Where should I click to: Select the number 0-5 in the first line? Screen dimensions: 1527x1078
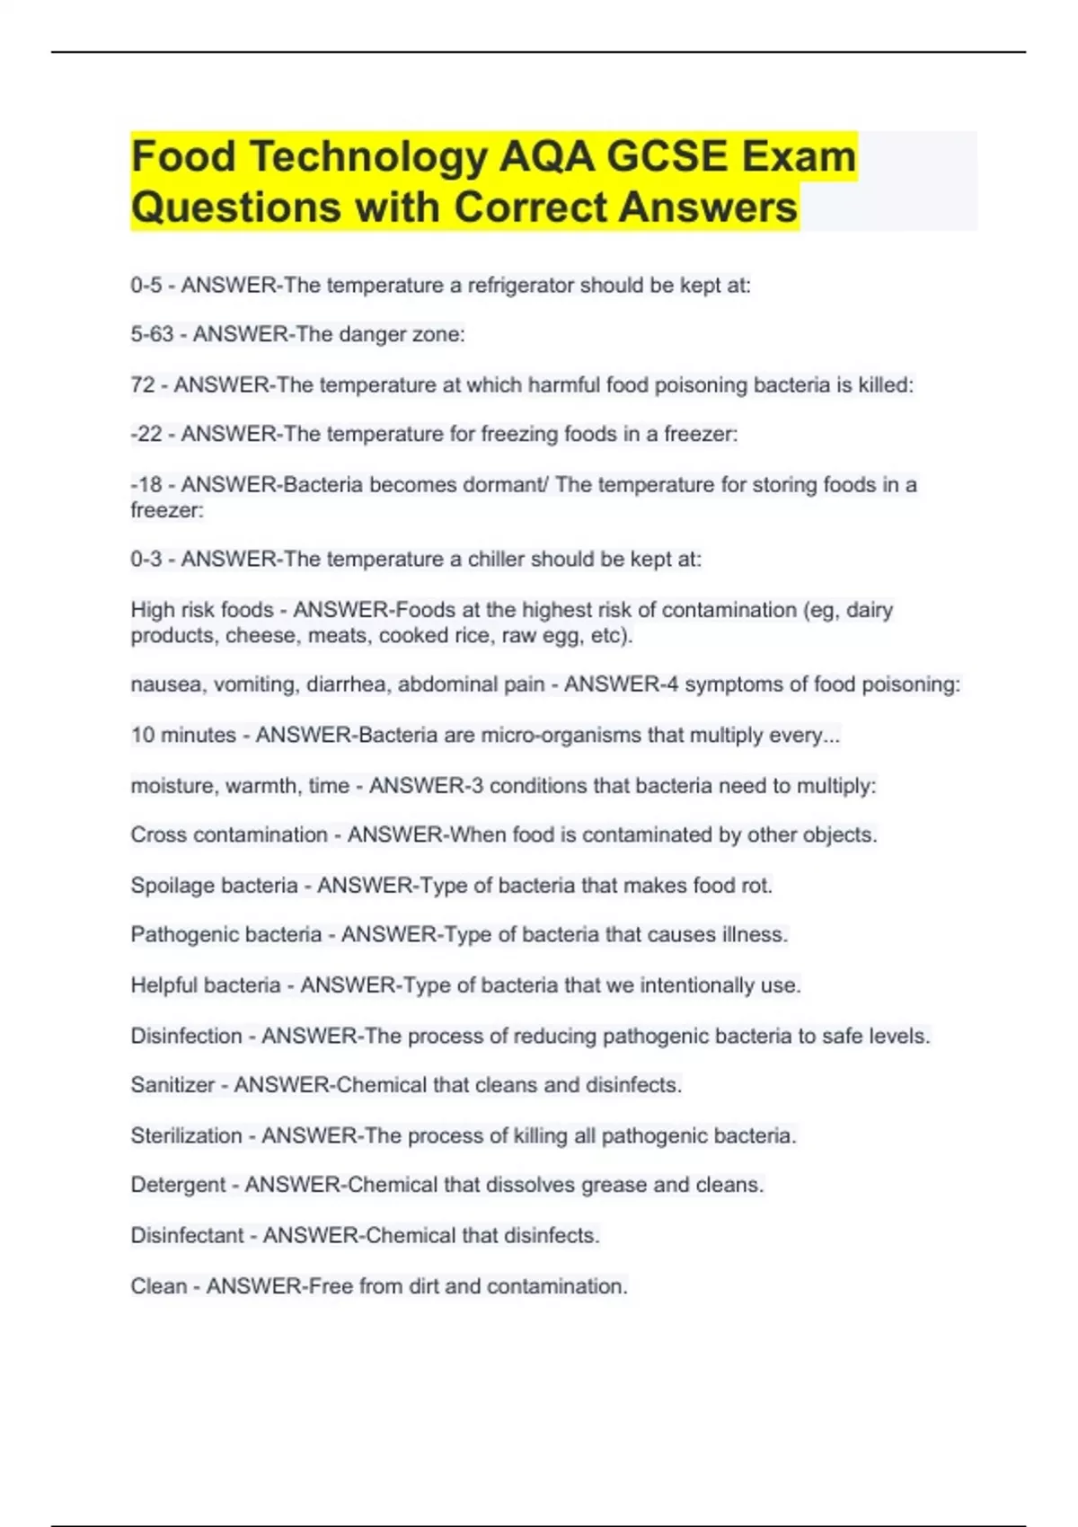(146, 286)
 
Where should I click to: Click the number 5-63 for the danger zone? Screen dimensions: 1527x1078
(152, 335)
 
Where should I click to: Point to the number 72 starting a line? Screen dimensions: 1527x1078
(143, 385)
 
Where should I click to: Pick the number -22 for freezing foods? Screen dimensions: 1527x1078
(146, 435)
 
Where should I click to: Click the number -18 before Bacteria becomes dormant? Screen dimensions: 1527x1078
(146, 485)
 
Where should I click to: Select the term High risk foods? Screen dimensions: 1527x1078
(202, 610)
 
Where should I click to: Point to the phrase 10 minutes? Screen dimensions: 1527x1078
(183, 735)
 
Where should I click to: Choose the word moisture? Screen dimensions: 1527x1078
(172, 786)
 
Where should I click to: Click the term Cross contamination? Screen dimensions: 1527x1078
(229, 835)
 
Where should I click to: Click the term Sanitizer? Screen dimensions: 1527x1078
(172, 1085)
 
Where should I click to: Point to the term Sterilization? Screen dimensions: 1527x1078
(186, 1135)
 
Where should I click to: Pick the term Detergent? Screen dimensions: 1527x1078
(178, 1186)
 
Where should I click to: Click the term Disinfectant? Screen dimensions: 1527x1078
(187, 1236)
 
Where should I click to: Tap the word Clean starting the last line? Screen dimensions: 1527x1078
(158, 1286)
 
